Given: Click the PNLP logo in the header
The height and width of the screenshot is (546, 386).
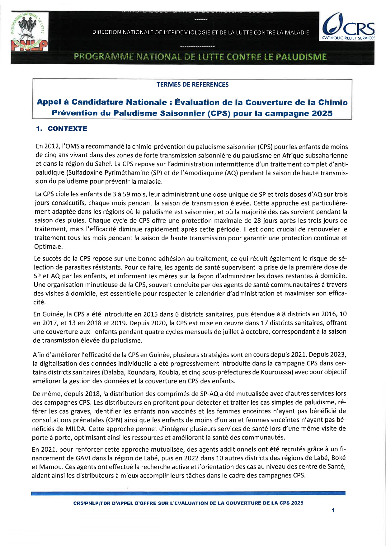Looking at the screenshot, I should click(30, 32).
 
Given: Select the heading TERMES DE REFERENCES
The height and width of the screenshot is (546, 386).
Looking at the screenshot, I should click(192, 85).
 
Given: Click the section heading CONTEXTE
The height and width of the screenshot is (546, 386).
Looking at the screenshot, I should click(67, 129).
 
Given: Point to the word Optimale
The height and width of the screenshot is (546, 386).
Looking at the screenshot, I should click(48, 247).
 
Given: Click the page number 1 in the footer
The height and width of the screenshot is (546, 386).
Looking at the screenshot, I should click(333, 510).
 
